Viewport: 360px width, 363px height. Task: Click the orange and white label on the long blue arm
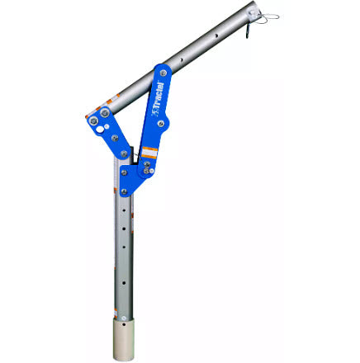149,152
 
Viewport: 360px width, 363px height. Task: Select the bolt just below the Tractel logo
162,124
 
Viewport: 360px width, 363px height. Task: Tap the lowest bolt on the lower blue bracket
124,191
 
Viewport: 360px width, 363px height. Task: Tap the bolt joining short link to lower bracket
124,153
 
